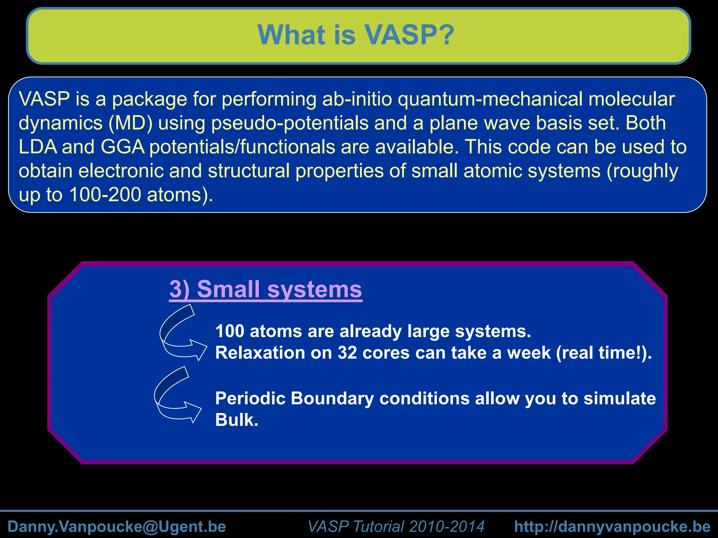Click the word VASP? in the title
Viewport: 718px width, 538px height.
[x=409, y=35]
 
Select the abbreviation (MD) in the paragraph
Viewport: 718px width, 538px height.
[x=130, y=123]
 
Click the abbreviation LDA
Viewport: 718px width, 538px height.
[x=38, y=147]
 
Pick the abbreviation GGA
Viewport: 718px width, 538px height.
[x=123, y=147]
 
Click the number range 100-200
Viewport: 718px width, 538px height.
[x=105, y=195]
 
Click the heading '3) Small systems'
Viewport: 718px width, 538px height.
[x=265, y=289]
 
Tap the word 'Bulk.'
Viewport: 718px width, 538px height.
[x=237, y=420]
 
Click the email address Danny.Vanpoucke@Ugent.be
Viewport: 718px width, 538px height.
[x=117, y=526]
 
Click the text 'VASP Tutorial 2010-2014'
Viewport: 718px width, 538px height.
[x=396, y=526]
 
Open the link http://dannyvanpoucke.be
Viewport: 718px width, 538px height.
[x=612, y=526]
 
